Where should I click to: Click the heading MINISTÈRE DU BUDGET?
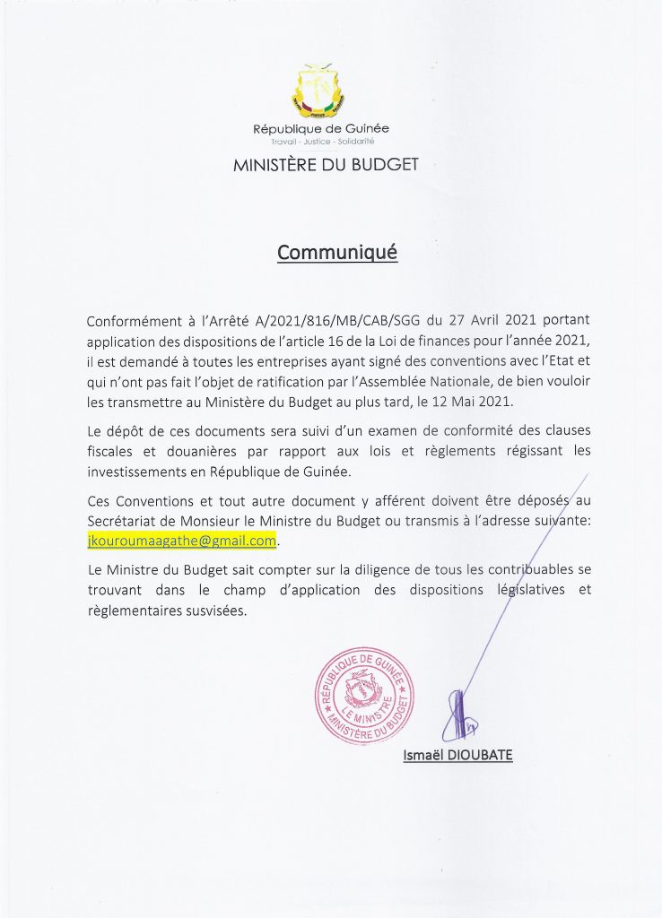326,165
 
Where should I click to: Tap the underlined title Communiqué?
336,253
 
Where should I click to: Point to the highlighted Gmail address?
182,541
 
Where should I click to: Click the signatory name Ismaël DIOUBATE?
457,755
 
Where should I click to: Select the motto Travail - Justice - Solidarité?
322,143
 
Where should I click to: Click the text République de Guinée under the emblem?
321,129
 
